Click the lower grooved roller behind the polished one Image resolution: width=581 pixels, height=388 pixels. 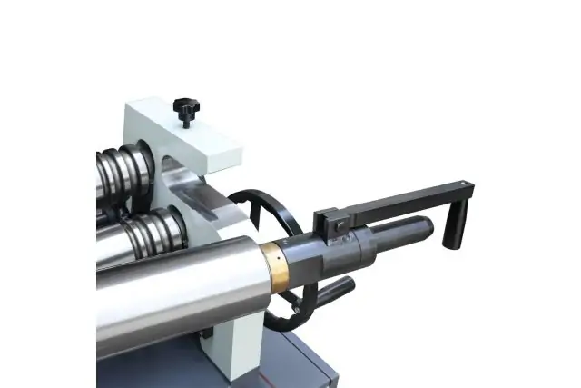point(145,227)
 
